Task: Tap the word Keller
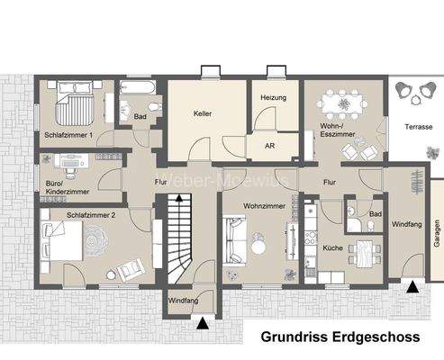point(202,115)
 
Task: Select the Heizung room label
point(273,96)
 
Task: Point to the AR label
point(269,145)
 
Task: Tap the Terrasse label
point(418,127)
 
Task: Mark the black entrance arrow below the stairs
point(203,321)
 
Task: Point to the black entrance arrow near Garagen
point(412,289)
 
